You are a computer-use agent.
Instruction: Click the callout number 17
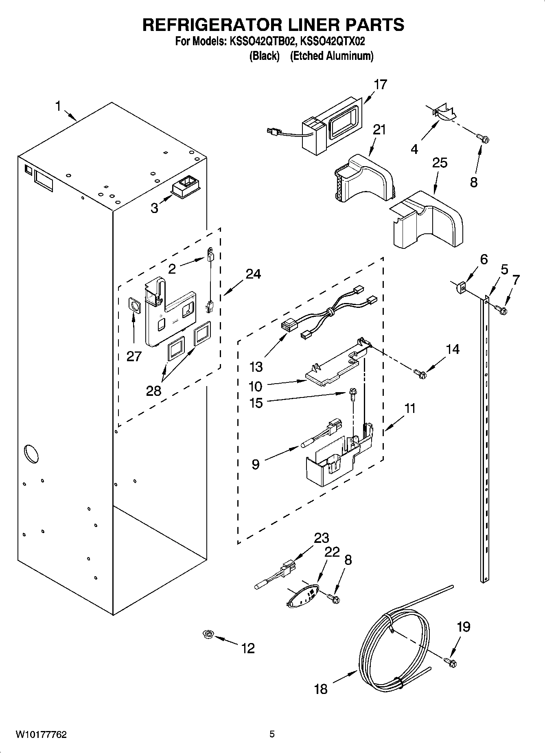(x=380, y=85)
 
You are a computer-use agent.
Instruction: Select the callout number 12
(x=248, y=648)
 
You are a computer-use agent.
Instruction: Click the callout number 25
(x=440, y=163)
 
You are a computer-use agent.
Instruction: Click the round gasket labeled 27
(x=134, y=305)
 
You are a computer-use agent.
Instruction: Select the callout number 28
(x=154, y=391)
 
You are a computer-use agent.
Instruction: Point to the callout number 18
(x=321, y=689)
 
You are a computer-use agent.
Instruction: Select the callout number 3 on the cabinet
(x=154, y=208)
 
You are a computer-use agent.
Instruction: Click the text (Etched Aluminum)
(x=331, y=56)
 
